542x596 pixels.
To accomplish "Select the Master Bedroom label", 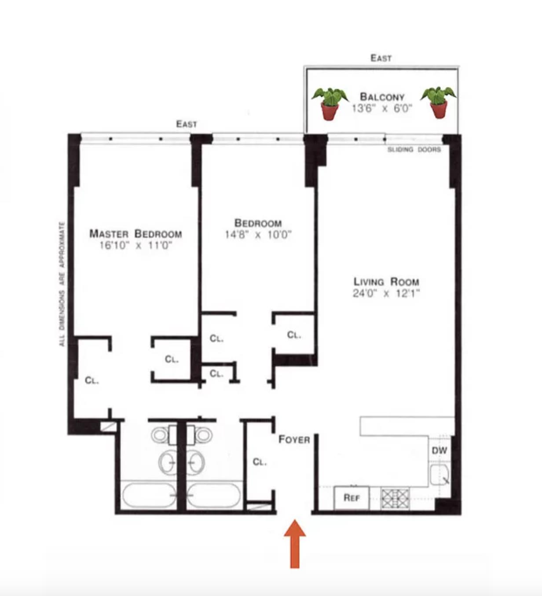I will click(x=135, y=233).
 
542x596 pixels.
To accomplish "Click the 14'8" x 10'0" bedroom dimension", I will click(x=258, y=235).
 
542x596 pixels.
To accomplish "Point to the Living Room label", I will click(x=386, y=282).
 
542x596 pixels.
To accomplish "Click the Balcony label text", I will click(x=382, y=96).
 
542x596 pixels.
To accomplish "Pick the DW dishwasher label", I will click(x=439, y=450).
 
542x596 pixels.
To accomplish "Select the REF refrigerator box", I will click(x=352, y=497).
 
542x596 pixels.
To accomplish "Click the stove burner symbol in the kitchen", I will click(x=395, y=498).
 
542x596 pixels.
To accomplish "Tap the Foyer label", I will click(x=294, y=439).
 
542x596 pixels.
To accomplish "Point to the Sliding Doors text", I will click(x=414, y=150).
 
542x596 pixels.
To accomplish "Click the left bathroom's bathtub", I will click(x=149, y=495).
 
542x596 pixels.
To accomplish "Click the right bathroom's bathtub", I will click(x=214, y=495).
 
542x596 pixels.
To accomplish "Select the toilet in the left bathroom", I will click(x=160, y=435).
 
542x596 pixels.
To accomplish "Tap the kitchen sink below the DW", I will click(x=439, y=475).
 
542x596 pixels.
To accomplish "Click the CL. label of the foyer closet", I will click(x=260, y=462).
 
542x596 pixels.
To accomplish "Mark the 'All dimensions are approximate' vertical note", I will click(x=62, y=284).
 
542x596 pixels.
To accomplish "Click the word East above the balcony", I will click(x=381, y=58).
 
